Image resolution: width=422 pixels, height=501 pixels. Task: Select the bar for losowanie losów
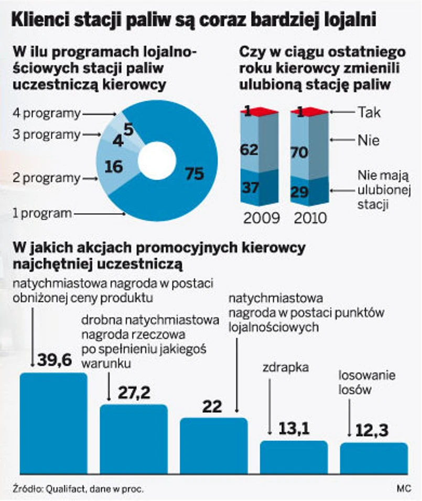click(x=374, y=457)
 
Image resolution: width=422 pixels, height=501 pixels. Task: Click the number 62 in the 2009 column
click(x=250, y=150)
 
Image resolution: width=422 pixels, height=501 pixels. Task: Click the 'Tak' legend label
click(x=369, y=112)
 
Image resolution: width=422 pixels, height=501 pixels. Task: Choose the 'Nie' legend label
click(x=368, y=140)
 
